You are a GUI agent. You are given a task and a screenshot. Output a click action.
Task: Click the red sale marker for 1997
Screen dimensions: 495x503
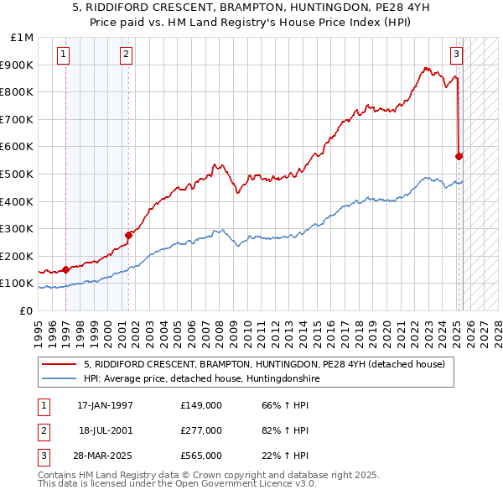tap(65, 270)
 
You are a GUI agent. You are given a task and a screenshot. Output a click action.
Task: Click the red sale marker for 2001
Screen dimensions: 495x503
tap(128, 235)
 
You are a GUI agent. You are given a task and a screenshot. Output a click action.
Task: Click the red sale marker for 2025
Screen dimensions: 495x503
tap(459, 156)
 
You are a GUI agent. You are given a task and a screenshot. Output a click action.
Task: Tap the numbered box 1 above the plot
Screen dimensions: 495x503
tap(64, 55)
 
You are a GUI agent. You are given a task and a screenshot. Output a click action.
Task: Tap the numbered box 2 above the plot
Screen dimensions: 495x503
tap(125, 55)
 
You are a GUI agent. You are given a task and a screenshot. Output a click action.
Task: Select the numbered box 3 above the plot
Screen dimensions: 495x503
tap(456, 55)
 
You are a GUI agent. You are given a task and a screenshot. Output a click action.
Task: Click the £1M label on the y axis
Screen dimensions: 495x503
tap(23, 38)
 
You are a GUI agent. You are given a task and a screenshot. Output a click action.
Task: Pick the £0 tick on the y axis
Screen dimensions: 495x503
tap(27, 310)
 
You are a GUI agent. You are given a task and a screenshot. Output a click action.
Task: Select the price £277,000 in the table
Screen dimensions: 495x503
tap(200, 430)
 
